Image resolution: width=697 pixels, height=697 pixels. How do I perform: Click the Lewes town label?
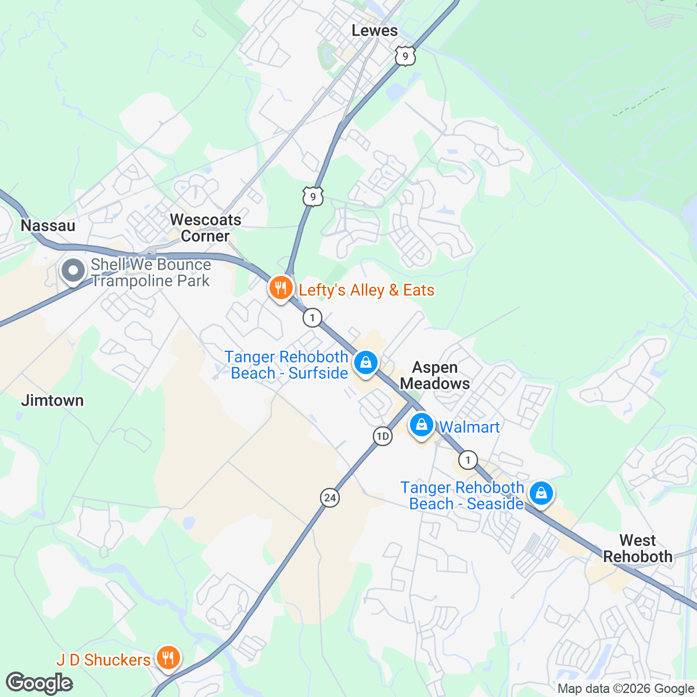pyautogui.click(x=375, y=31)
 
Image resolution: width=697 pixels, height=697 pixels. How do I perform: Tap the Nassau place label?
pyautogui.click(x=48, y=225)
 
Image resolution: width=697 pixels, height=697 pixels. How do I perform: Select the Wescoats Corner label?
pyautogui.click(x=205, y=228)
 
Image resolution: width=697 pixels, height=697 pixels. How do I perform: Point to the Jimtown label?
pyautogui.click(x=52, y=400)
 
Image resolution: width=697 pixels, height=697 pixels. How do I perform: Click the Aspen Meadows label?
pyautogui.click(x=435, y=375)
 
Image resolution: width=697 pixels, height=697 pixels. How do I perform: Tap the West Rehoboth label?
pyautogui.click(x=638, y=548)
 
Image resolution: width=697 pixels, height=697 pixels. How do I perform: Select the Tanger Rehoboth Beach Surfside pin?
pyautogui.click(x=365, y=363)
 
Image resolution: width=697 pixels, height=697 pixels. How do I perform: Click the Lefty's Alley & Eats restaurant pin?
pyautogui.click(x=281, y=288)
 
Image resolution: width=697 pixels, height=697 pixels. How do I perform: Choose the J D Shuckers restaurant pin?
pyautogui.click(x=168, y=658)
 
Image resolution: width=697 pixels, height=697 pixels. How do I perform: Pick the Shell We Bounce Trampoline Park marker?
pyautogui.click(x=73, y=271)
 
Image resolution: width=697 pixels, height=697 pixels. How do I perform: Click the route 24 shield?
pyautogui.click(x=330, y=498)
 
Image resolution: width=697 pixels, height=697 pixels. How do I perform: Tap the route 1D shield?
pyautogui.click(x=382, y=436)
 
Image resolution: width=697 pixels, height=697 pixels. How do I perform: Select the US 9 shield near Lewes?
pyautogui.click(x=405, y=56)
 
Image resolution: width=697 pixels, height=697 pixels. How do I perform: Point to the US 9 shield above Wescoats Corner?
pyautogui.click(x=312, y=196)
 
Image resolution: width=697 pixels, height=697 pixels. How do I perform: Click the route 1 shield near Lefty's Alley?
pyautogui.click(x=312, y=318)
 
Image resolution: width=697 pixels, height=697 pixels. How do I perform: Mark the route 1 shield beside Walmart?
pyautogui.click(x=468, y=461)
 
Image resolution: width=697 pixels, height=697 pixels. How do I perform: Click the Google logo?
pyautogui.click(x=39, y=683)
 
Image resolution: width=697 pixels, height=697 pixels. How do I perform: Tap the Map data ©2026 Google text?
pyautogui.click(x=626, y=689)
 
